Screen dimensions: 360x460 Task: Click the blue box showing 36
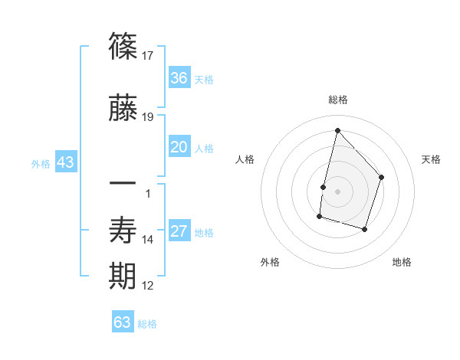[x=179, y=78]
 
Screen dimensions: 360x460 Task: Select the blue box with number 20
[x=179, y=147]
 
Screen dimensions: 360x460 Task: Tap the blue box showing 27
[x=179, y=231]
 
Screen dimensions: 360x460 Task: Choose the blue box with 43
[x=65, y=162]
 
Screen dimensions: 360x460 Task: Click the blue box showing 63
[x=123, y=322]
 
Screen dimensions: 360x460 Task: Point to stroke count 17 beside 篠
[x=148, y=55]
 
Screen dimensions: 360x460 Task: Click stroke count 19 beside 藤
[x=148, y=117]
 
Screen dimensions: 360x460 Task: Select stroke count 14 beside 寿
[x=148, y=240]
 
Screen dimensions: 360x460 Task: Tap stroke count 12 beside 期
[x=148, y=286]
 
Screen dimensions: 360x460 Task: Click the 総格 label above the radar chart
[x=337, y=100]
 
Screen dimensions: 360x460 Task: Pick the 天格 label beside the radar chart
[x=432, y=159]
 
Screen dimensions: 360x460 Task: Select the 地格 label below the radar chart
[x=402, y=262]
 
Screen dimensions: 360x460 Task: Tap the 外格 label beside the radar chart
[x=270, y=262]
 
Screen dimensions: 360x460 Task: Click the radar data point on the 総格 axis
[x=337, y=130]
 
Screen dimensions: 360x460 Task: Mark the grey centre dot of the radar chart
[x=337, y=191]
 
